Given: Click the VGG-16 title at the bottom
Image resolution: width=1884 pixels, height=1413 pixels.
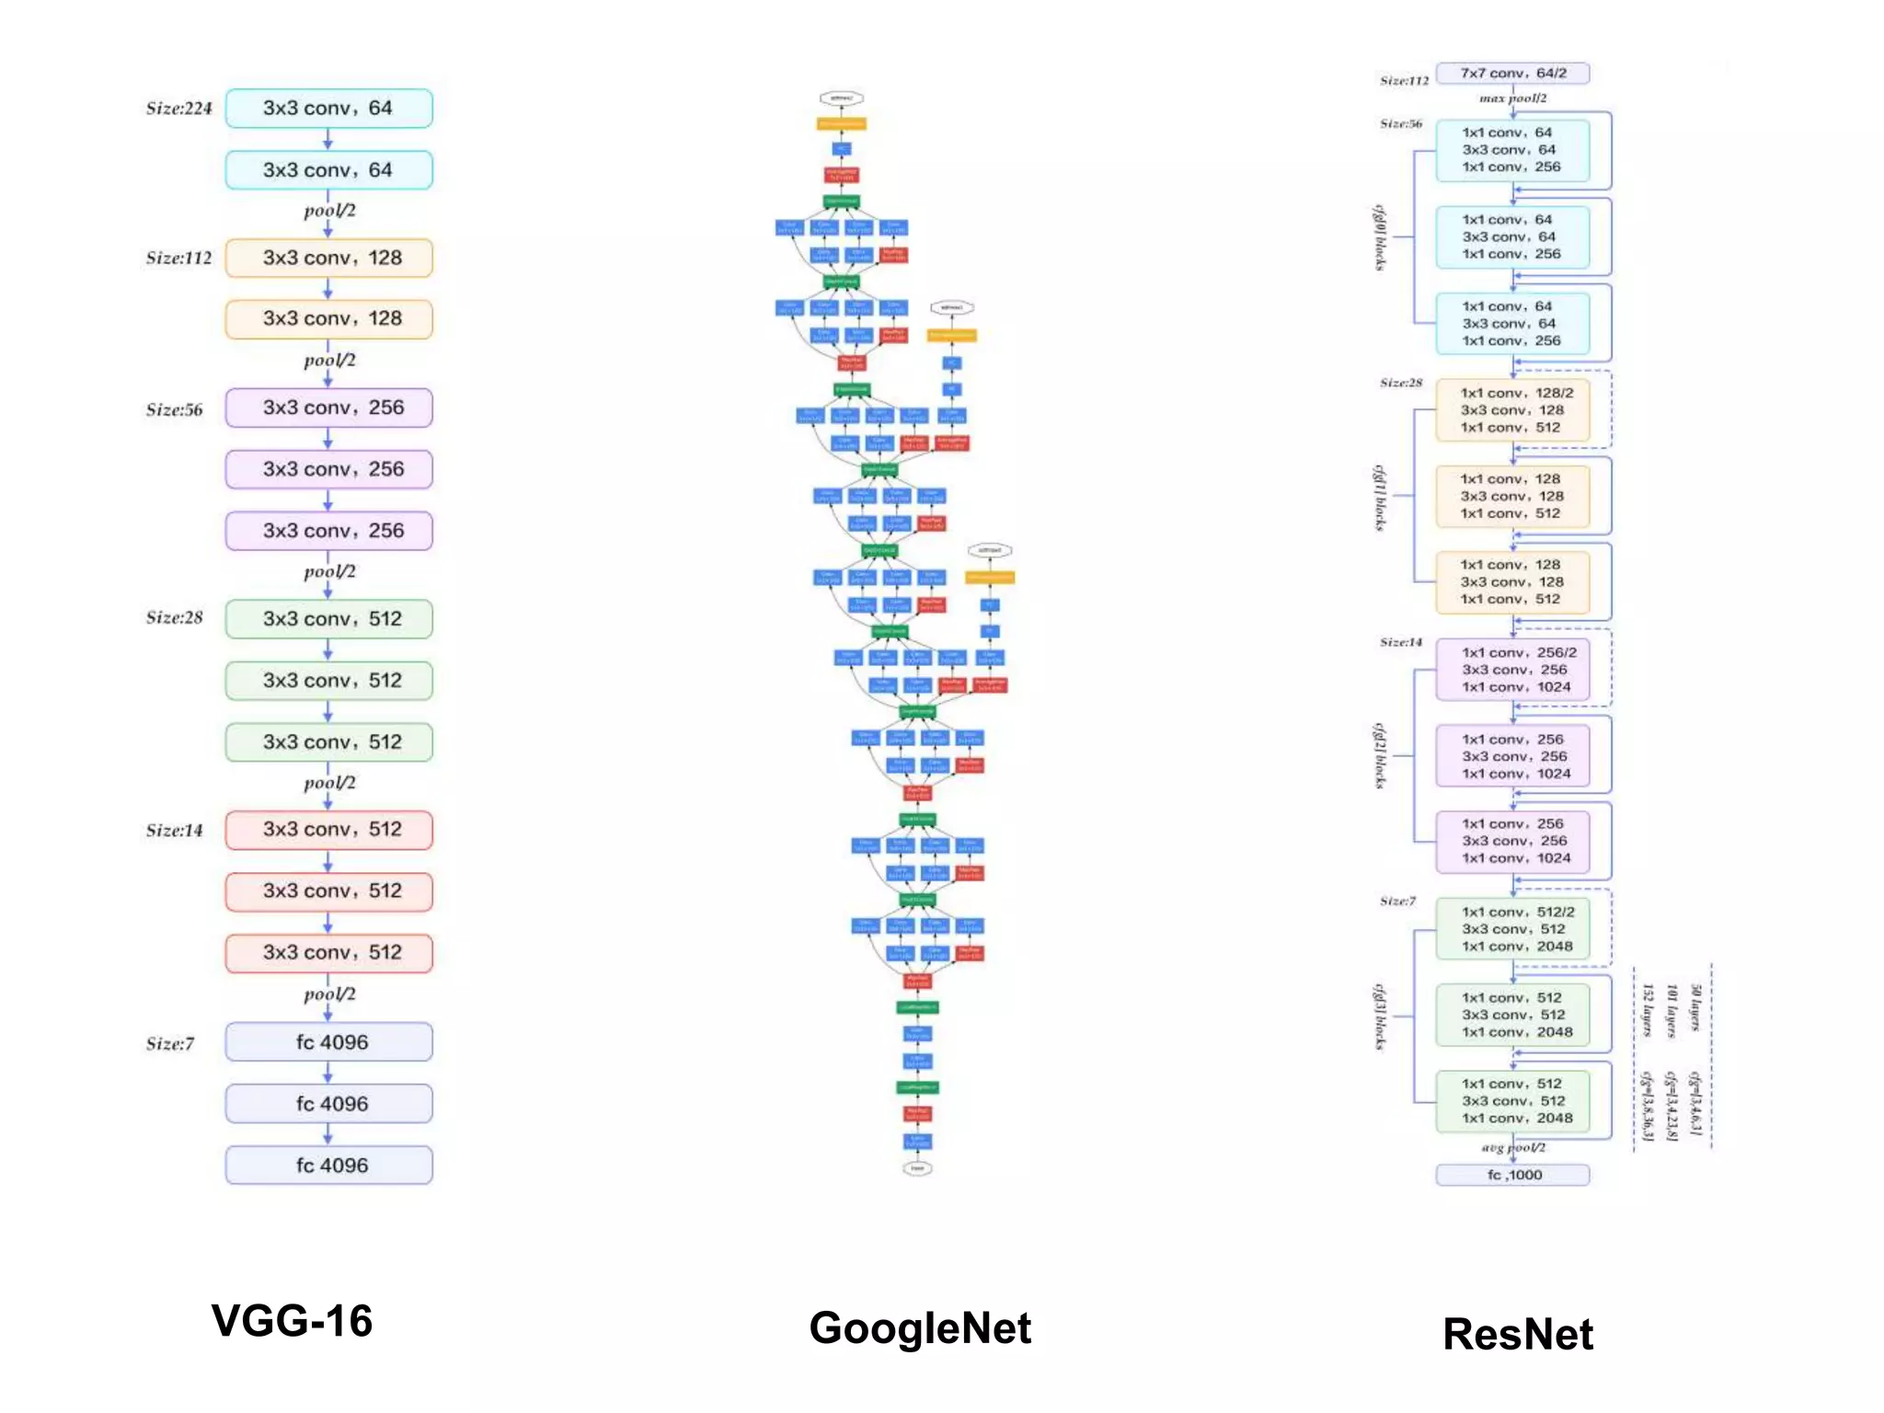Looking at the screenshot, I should click(x=292, y=1321).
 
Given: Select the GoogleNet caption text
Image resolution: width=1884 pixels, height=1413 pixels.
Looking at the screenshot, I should click(x=920, y=1328).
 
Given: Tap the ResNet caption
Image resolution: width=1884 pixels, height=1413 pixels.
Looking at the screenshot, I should click(x=1518, y=1334).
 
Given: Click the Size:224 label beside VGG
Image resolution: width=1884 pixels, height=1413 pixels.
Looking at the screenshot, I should click(x=178, y=109).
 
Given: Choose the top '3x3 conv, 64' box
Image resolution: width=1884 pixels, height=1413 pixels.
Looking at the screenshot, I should click(x=328, y=109).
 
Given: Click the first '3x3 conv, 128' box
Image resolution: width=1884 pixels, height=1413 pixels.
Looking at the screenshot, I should click(x=328, y=258).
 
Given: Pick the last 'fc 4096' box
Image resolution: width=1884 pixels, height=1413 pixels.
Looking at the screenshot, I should click(x=328, y=1166).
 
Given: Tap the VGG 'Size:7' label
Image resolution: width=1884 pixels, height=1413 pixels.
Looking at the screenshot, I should click(x=170, y=1044).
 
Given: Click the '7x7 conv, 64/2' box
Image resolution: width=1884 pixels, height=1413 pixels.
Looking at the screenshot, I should click(x=1512, y=73).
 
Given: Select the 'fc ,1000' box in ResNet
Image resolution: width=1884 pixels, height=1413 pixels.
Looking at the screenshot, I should click(x=1512, y=1175).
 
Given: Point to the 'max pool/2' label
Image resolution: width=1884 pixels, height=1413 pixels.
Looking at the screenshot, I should click(x=1512, y=98).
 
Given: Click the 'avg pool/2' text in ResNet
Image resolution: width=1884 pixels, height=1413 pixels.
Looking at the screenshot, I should click(x=1512, y=1147).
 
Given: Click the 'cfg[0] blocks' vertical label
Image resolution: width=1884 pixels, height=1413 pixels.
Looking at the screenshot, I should click(x=1379, y=237).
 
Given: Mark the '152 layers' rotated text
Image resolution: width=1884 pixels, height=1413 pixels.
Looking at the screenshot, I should click(x=1648, y=1010).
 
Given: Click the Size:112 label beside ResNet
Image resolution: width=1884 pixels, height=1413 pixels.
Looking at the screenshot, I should click(x=1404, y=81).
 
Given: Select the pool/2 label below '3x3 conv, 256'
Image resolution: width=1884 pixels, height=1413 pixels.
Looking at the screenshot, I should click(x=329, y=571).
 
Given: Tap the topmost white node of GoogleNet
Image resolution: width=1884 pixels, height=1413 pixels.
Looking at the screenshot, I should click(x=841, y=98).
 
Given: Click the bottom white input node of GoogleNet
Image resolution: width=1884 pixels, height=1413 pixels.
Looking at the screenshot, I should click(x=917, y=1168).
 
